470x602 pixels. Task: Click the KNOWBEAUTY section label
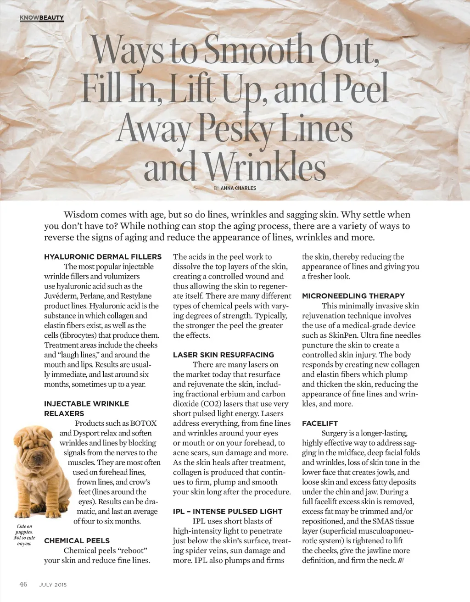coord(42,18)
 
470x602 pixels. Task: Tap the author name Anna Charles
coord(238,188)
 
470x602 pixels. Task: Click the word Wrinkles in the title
coord(265,167)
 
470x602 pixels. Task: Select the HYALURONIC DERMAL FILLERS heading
coord(103,257)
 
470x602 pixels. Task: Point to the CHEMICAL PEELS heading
coord(77,541)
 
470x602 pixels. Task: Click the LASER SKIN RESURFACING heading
coord(223,355)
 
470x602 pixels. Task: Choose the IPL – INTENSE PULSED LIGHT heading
coord(228,512)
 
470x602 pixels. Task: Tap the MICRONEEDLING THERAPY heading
coord(353,296)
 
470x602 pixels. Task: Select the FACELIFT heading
coord(319,424)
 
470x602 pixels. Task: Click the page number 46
coord(23,584)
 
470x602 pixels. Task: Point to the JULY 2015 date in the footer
coord(53,585)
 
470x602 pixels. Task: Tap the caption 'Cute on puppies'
coord(24,529)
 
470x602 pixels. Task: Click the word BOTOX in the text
coord(143,424)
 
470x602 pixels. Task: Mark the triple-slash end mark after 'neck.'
coord(401,561)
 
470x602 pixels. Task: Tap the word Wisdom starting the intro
coord(81,215)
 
